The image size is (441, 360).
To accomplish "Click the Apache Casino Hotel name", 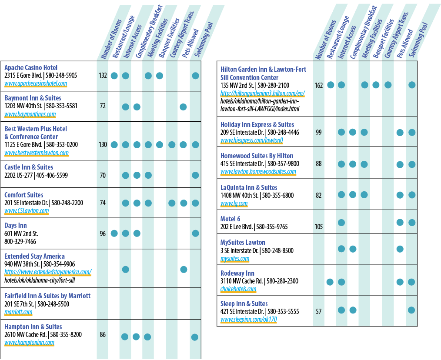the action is tap(31, 67).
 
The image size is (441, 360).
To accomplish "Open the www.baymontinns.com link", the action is tap(30, 114).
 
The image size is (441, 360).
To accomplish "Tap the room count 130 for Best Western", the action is tap(103, 144).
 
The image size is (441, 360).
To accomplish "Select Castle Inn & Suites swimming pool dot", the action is tap(195, 175).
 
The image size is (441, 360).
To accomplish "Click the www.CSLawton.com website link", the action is tap(27, 211).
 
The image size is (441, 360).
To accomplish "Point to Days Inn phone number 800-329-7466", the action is tap(20, 241).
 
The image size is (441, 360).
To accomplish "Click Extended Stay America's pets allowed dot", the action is tap(184, 270).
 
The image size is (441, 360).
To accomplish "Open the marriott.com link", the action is tap(18, 312).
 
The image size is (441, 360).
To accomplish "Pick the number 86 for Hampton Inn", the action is tap(103, 334).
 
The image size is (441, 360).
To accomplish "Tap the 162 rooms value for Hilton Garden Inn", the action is tap(319, 85).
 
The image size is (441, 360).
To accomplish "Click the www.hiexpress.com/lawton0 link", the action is tap(252, 140).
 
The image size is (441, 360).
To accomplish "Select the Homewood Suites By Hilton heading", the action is tap(257, 156).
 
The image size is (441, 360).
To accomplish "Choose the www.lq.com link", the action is tap(234, 203).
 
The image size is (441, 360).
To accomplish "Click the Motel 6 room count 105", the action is tap(319, 227).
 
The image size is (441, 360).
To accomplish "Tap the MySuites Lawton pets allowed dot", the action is tap(400, 249).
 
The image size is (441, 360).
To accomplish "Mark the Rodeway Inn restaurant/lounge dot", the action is tap(330, 282).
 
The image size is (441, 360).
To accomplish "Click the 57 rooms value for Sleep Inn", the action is tap(319, 311).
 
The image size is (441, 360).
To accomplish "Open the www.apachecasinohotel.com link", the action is tap(36, 83).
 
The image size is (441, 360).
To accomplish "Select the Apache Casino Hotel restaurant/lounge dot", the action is tap(114, 76).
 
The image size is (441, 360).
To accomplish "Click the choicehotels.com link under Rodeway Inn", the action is tap(238, 289).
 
